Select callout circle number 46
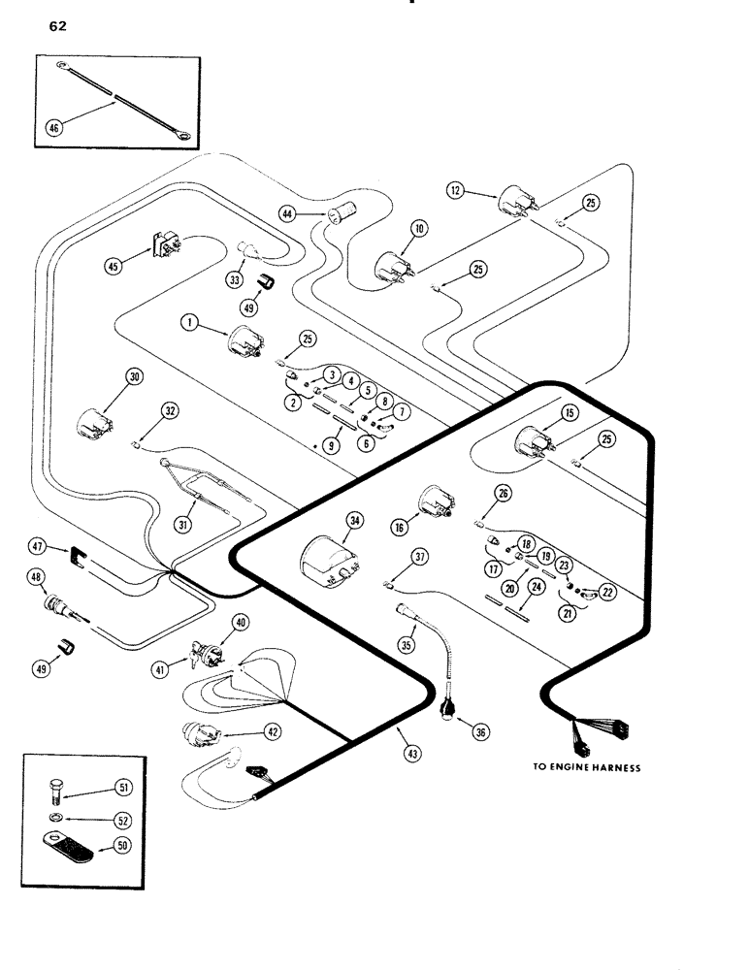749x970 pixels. [54, 127]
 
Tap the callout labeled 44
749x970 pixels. [288, 211]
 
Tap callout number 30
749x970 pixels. [133, 376]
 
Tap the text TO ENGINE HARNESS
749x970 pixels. [586, 767]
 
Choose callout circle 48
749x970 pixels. [37, 579]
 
